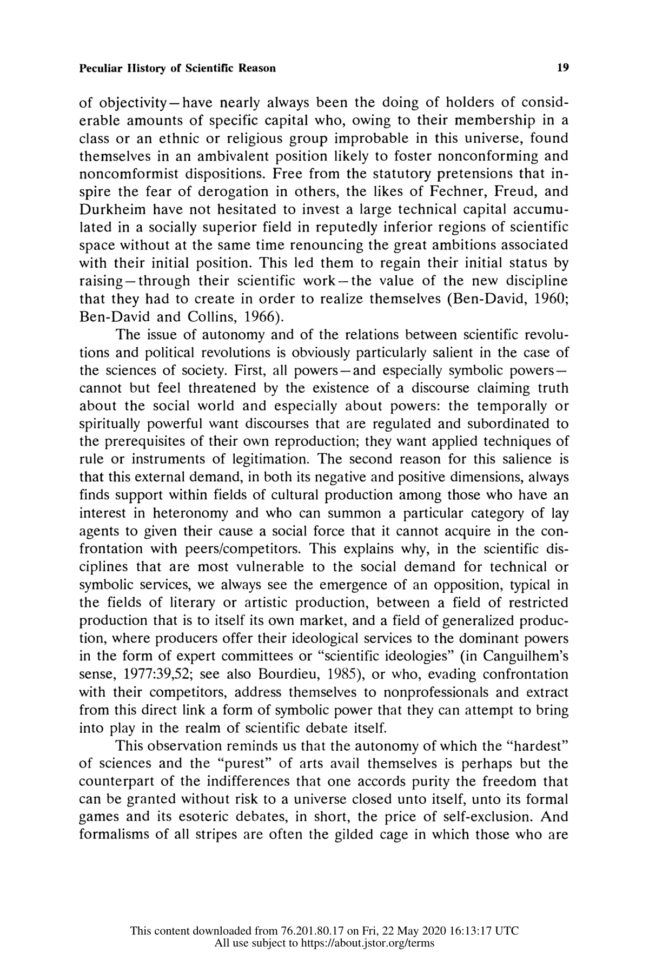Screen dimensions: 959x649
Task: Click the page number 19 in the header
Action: [x=562, y=68]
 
